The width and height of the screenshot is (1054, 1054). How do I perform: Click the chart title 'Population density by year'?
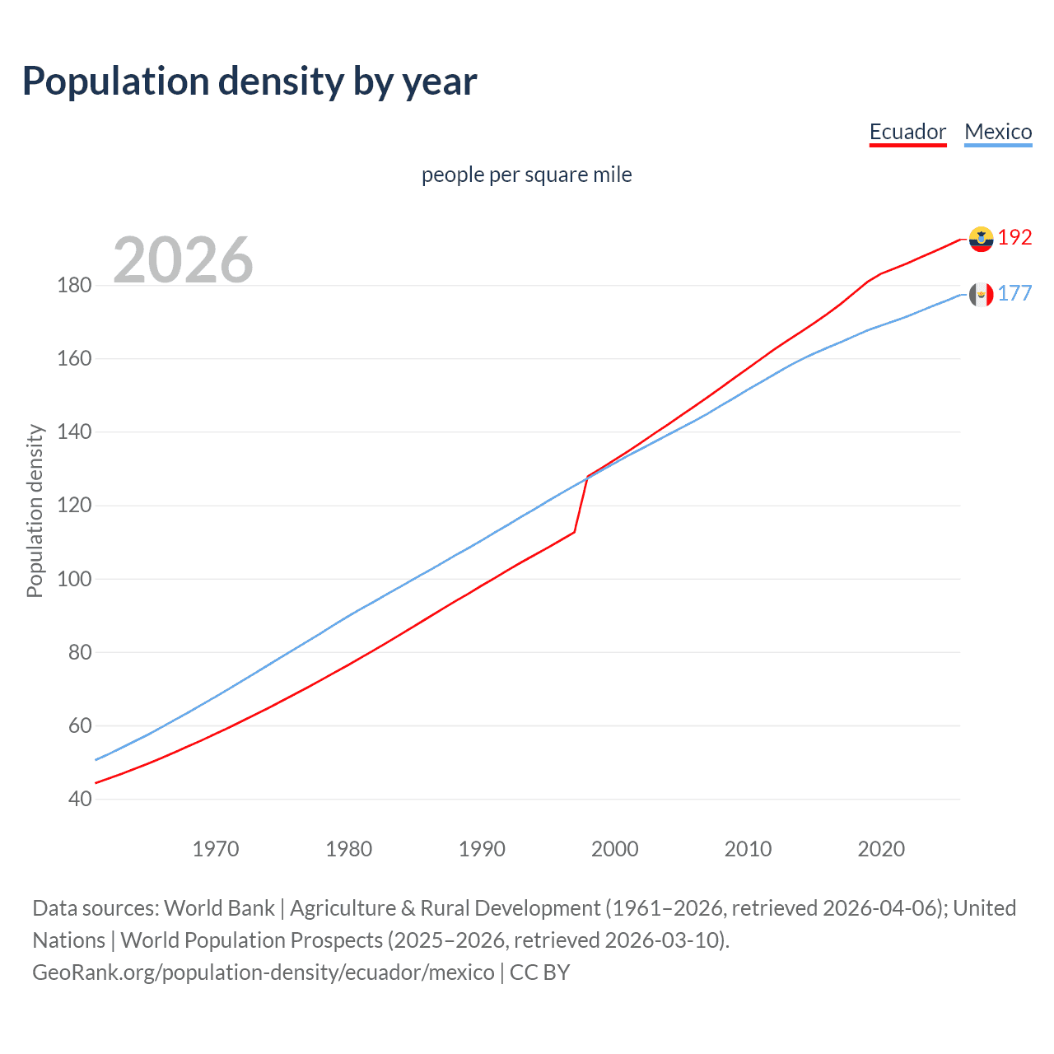click(x=250, y=82)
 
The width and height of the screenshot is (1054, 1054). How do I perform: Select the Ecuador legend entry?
click(x=907, y=132)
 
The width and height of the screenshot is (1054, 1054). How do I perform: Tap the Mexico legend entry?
click(x=998, y=132)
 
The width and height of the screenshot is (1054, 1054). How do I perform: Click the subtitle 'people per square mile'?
click(x=526, y=175)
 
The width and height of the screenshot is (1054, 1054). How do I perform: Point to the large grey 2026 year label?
click(x=183, y=260)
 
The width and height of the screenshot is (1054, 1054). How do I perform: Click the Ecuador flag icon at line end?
click(x=981, y=239)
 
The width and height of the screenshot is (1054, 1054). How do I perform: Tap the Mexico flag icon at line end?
click(x=981, y=294)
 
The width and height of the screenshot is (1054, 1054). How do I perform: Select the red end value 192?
click(x=1014, y=238)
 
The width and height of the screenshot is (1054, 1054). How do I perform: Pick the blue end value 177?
click(x=1014, y=294)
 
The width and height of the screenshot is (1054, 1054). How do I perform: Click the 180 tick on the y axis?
click(x=74, y=286)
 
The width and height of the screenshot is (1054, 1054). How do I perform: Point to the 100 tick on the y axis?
click(x=74, y=579)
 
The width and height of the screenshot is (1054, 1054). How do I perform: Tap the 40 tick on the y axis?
click(x=80, y=799)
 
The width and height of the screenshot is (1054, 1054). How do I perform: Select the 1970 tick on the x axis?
click(x=216, y=849)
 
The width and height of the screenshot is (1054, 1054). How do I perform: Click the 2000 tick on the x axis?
click(x=614, y=849)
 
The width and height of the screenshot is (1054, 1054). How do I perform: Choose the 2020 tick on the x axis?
click(x=881, y=849)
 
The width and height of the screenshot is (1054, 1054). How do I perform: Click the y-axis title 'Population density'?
click(x=35, y=511)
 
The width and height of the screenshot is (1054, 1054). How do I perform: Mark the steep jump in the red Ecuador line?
click(x=581, y=504)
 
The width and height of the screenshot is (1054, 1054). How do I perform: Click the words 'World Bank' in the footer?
click(x=219, y=908)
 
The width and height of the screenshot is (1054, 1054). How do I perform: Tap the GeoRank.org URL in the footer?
click(x=263, y=972)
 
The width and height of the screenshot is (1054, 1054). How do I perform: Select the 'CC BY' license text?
click(x=540, y=972)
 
